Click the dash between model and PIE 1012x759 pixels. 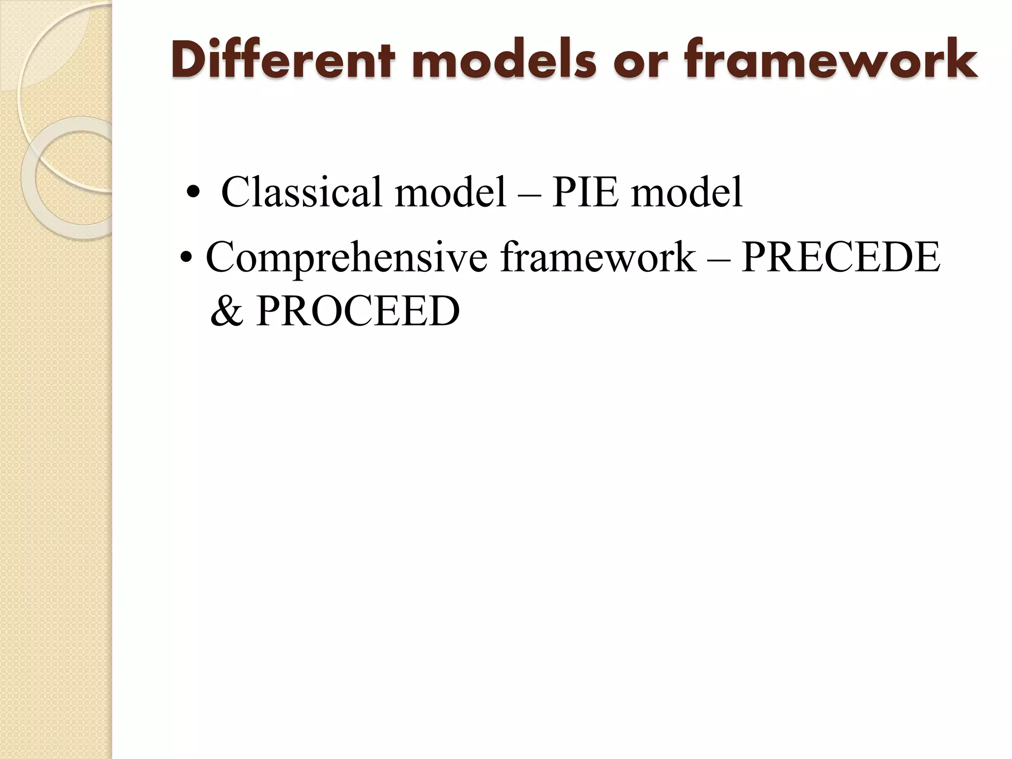[x=529, y=194]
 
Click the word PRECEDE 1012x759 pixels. [x=841, y=257]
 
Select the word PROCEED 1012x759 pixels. [x=358, y=311]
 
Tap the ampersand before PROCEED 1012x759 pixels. [x=227, y=312]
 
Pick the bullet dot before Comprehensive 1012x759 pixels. [x=186, y=258]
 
